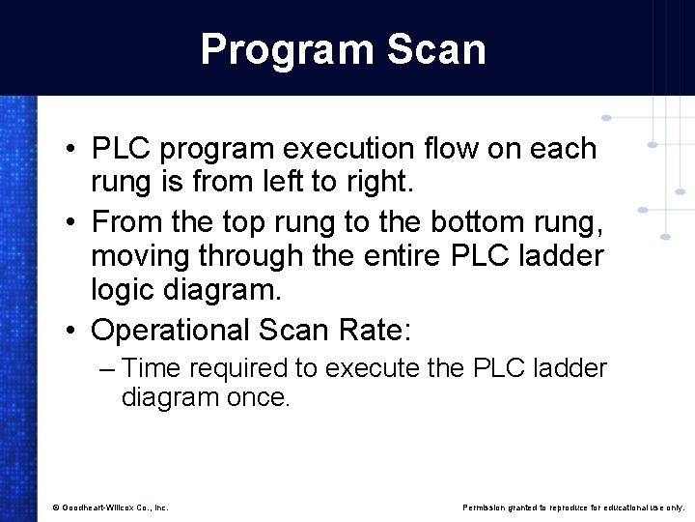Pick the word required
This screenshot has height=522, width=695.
pos(231,368)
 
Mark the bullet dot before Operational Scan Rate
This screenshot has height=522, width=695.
pos(72,330)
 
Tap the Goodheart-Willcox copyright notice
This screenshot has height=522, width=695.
pos(111,507)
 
